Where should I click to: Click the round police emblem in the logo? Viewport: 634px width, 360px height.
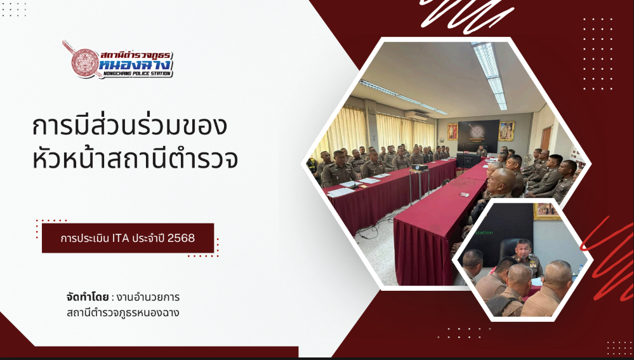(85, 63)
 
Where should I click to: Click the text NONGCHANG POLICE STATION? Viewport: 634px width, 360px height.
(137, 74)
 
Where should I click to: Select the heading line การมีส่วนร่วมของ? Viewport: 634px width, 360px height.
(129, 126)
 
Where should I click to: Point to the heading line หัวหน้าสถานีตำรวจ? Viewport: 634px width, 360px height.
(135, 159)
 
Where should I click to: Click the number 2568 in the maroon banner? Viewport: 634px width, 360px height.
(181, 238)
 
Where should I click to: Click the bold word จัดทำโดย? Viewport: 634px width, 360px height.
(88, 297)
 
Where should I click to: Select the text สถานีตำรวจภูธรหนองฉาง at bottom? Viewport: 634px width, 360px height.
(123, 312)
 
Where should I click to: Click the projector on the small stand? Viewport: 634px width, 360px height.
(419, 167)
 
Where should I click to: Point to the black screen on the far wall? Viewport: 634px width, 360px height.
(478, 136)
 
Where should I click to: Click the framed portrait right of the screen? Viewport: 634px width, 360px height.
(506, 131)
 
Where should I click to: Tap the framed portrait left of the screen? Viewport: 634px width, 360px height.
(452, 132)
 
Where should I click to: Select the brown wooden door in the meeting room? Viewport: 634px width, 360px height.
(546, 139)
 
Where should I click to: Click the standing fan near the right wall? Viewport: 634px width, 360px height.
(527, 160)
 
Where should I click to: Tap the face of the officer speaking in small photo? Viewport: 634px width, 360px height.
(522, 248)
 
